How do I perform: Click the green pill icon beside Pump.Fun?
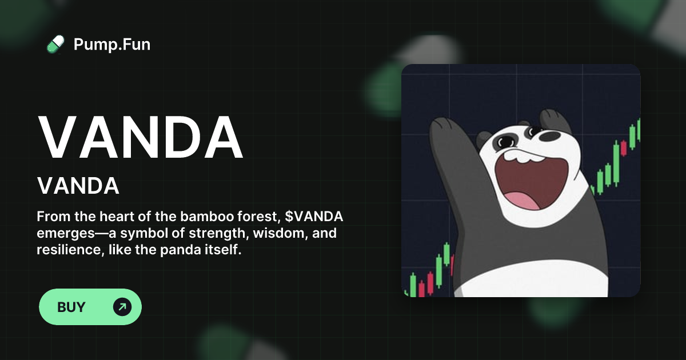coord(55,44)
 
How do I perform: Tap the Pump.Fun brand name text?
coord(112,44)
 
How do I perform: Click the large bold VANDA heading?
coord(141,139)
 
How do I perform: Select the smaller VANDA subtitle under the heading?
coord(78,186)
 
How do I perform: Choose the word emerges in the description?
coord(61,234)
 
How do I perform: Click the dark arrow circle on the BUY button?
coord(122,307)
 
